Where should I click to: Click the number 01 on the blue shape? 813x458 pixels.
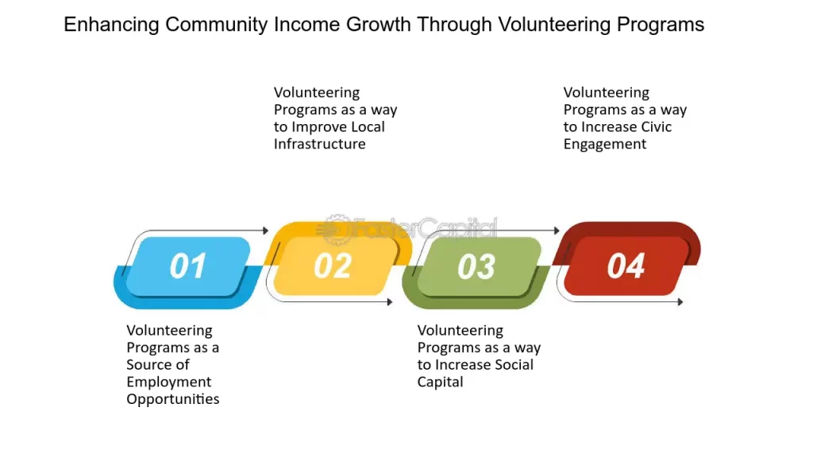[x=187, y=266]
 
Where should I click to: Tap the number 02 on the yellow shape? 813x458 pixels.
[x=333, y=266]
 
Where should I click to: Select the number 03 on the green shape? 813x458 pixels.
[x=476, y=266]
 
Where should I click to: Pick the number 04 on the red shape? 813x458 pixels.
[x=626, y=266]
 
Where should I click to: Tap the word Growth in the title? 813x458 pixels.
[x=379, y=25]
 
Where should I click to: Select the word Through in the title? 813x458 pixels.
[x=455, y=25]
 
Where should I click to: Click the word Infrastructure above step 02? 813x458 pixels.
[x=319, y=144]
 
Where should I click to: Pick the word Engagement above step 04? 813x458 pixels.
[x=604, y=145]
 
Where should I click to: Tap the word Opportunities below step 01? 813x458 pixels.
[x=172, y=399]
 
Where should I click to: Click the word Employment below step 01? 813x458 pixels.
[x=168, y=382]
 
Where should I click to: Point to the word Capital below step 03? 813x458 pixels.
[x=440, y=382]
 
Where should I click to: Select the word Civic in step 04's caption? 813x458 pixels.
[x=657, y=126]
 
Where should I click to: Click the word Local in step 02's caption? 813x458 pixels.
[x=368, y=126]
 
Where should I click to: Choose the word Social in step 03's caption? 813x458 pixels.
[x=514, y=364]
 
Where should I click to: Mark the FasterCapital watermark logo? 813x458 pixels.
[x=409, y=229]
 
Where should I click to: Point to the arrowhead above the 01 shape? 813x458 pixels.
[x=265, y=230]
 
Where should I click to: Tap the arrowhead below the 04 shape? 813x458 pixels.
[x=680, y=301]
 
